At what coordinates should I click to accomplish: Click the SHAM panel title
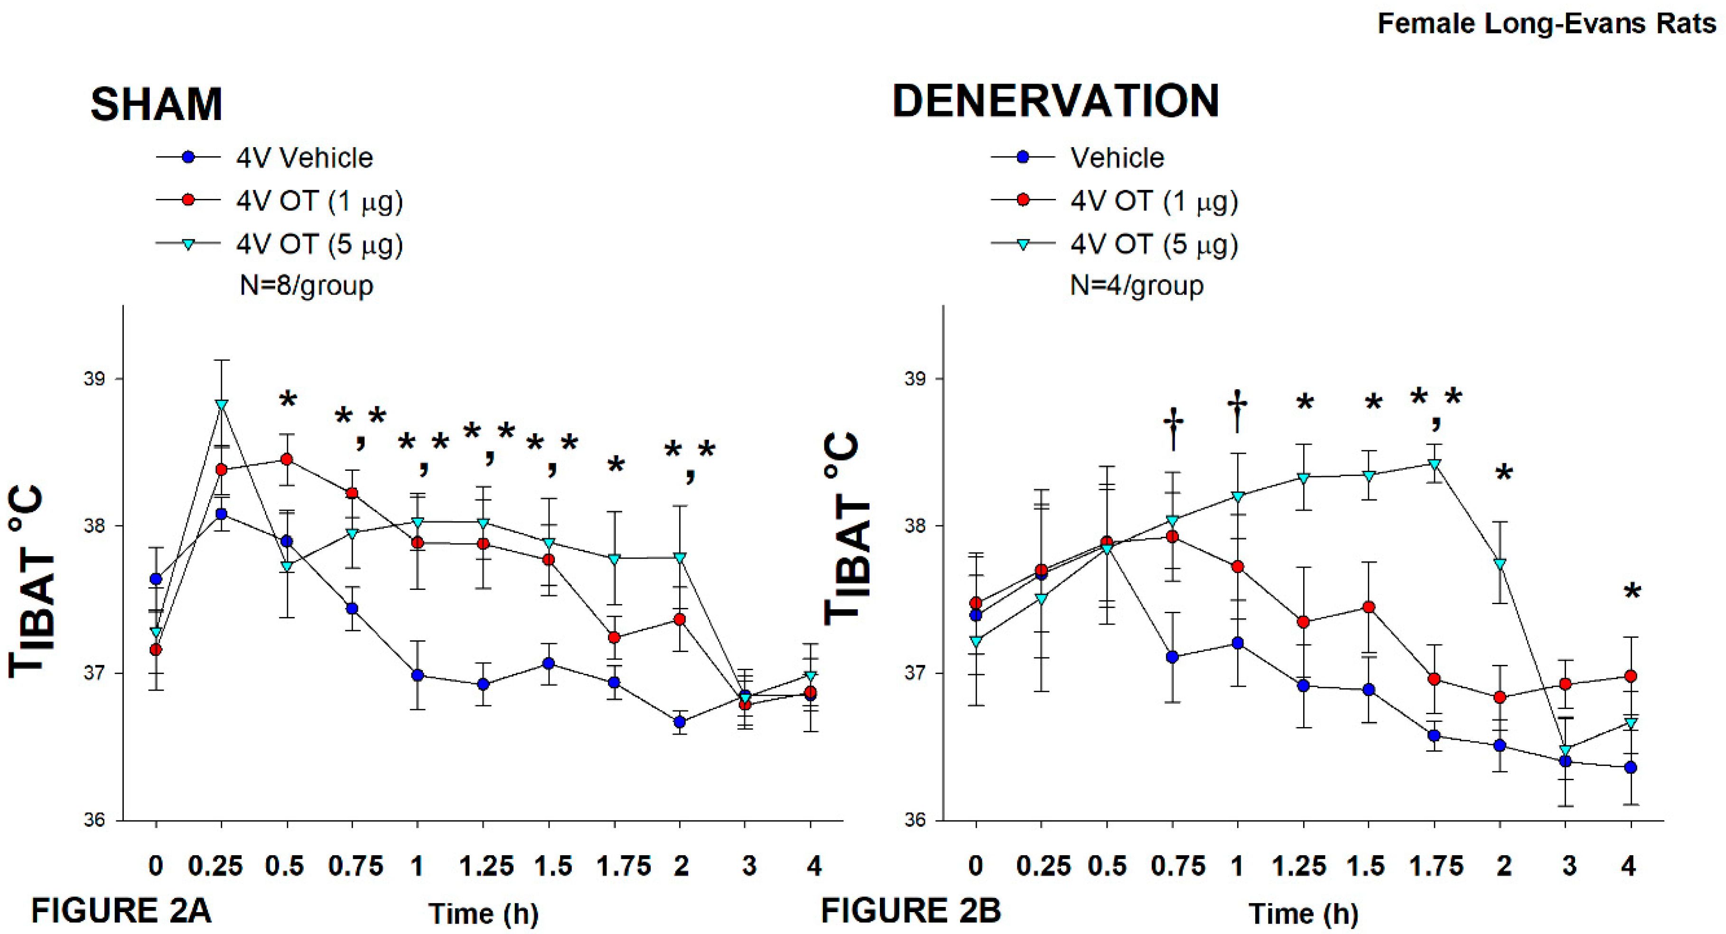coord(156,104)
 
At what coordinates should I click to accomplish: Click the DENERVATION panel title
coord(1055,102)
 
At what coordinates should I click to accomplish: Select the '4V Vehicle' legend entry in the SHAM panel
coord(304,158)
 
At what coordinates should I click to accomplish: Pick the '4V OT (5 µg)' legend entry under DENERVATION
coord(1154,244)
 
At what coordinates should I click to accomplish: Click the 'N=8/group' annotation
coord(306,285)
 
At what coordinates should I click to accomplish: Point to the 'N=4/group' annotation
coord(1137,285)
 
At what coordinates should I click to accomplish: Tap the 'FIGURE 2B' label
coord(911,911)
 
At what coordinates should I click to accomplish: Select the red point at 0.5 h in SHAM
coord(287,459)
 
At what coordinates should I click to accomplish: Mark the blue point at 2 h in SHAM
coord(680,721)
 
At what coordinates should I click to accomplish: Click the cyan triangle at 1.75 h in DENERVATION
coord(1435,464)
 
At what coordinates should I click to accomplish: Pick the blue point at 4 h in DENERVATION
coord(1631,767)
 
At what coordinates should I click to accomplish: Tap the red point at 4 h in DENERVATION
coord(1631,676)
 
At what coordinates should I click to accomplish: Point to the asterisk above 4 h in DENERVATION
coord(1632,592)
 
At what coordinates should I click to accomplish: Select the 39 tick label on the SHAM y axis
coord(94,379)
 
